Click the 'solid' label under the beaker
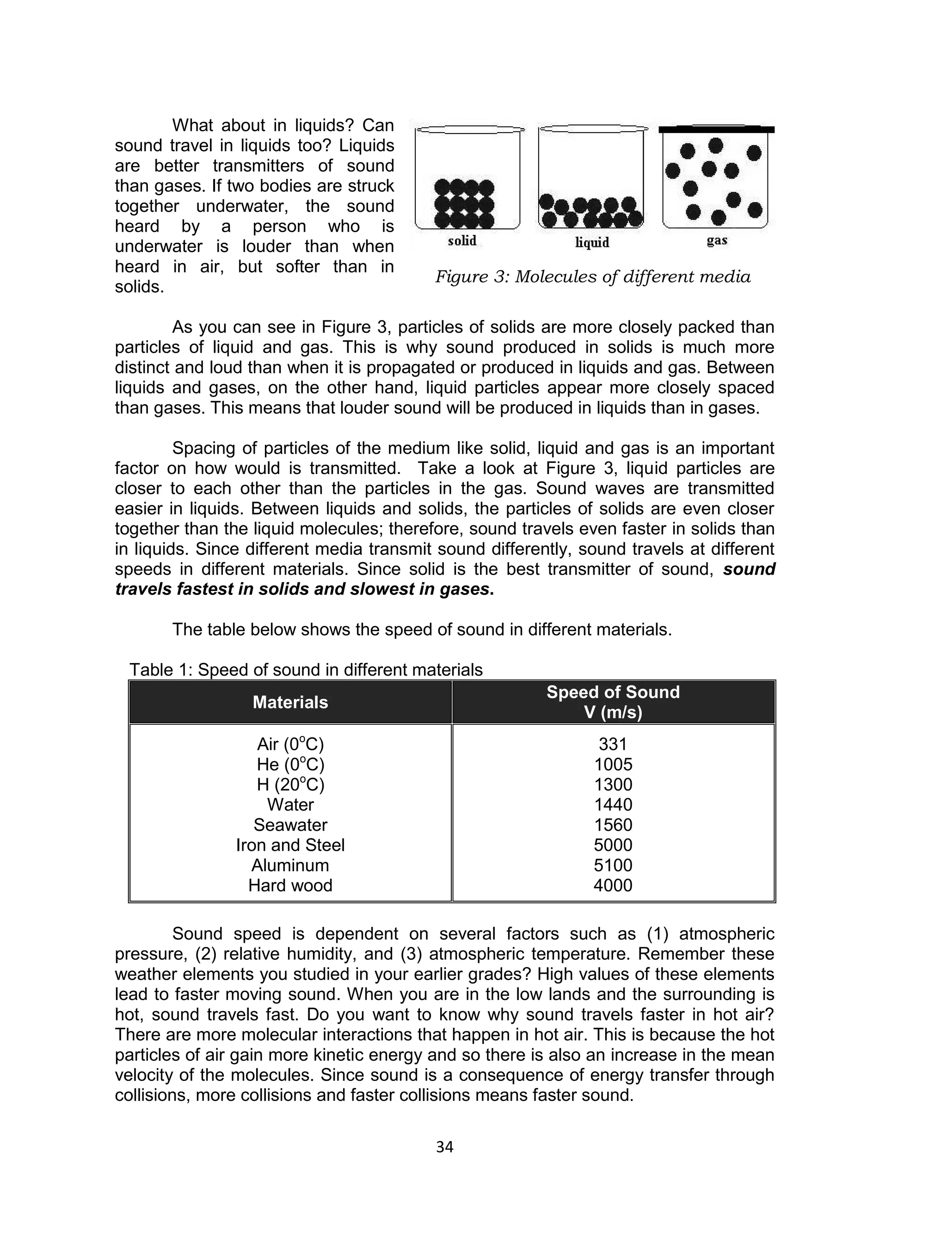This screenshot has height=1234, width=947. coord(462,241)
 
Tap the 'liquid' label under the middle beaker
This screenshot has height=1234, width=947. coord(592,242)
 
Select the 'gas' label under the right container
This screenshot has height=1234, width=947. coord(717,240)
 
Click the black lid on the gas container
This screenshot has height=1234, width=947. coord(716,129)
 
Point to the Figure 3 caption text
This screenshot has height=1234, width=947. coord(592,276)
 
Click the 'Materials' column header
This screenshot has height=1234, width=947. coord(290,702)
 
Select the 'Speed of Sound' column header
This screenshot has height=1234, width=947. coord(613,692)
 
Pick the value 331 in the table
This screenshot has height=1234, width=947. coord(613,744)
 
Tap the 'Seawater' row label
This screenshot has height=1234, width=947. coord(290,825)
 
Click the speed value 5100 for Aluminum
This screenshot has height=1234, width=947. coord(613,865)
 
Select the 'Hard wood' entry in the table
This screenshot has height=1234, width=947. coord(290,885)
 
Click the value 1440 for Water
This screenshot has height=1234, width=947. coord(613,804)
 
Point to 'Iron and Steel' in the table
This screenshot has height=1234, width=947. coord(290,845)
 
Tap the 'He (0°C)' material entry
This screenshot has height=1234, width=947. coord(290,765)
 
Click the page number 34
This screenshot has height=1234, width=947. coord(445,1147)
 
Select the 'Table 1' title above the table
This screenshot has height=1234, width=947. coord(306,669)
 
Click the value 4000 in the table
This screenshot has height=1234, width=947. coord(613,885)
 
